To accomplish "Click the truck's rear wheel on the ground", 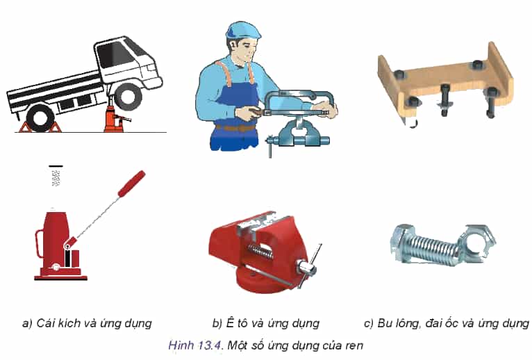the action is tap(40, 118).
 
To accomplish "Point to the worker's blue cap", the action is tap(243, 30).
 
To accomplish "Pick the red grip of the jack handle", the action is tap(132, 183).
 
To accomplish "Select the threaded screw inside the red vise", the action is tap(260, 252).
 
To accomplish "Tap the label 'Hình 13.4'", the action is tap(195, 345).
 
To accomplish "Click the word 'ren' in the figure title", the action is tap(354, 346).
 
